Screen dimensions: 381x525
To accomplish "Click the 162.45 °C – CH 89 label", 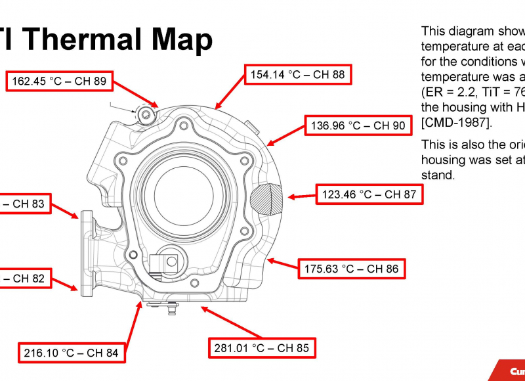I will click(59, 81).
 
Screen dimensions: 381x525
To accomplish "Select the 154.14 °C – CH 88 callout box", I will click(297, 75).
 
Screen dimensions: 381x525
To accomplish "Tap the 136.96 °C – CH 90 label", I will click(358, 125).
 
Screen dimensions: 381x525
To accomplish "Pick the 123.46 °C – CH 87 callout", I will click(369, 194).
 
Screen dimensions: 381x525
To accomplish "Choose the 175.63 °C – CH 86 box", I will click(350, 269).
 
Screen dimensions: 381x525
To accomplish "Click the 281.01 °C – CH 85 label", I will click(261, 348).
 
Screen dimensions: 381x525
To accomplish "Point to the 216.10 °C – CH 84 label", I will click(71, 353).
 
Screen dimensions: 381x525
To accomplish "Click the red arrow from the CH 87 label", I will click(301, 196).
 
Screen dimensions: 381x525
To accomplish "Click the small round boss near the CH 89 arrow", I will click(146, 116).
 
